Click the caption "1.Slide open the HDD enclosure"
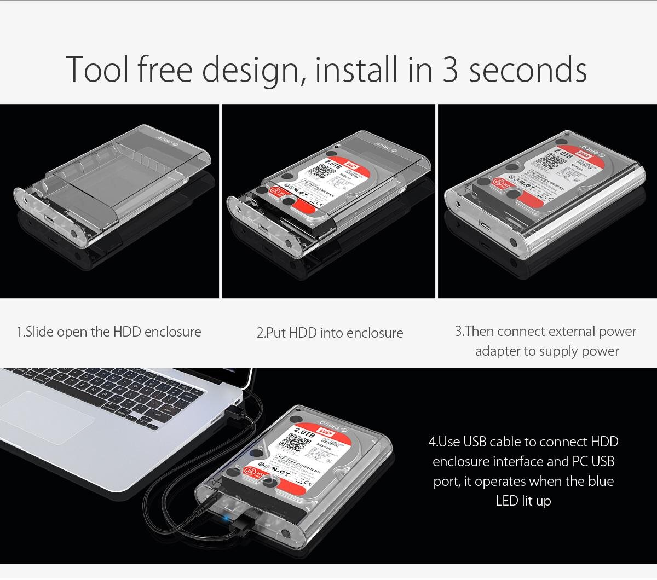click(x=109, y=332)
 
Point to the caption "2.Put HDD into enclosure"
click(x=330, y=333)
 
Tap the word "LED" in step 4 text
click(x=507, y=501)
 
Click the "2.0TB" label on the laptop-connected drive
click(x=304, y=433)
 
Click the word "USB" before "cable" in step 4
click(x=475, y=442)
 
